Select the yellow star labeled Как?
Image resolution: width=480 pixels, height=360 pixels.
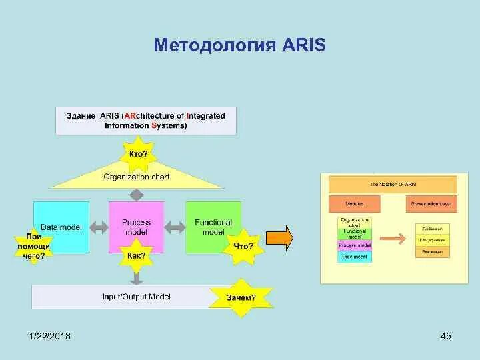(x=136, y=255)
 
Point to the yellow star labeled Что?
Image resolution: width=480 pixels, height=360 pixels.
(x=243, y=246)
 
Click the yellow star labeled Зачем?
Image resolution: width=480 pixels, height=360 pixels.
(x=241, y=297)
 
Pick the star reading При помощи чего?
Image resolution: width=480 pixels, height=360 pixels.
(x=34, y=245)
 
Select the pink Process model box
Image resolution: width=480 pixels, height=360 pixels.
(x=136, y=227)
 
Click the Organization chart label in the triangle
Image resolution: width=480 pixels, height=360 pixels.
(x=136, y=177)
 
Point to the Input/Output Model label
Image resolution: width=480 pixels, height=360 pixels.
(x=136, y=296)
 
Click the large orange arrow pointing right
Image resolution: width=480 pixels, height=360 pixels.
(x=280, y=238)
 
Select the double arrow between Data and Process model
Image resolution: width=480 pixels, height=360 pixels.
(x=99, y=227)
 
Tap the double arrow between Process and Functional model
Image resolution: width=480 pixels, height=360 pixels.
(x=174, y=227)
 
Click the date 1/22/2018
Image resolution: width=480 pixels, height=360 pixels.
(x=49, y=336)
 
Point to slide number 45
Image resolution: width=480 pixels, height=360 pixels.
(x=446, y=336)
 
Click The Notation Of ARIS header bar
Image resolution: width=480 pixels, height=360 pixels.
(x=393, y=184)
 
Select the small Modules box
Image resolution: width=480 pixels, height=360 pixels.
(x=354, y=203)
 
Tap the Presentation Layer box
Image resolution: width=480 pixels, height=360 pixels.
(x=431, y=203)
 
